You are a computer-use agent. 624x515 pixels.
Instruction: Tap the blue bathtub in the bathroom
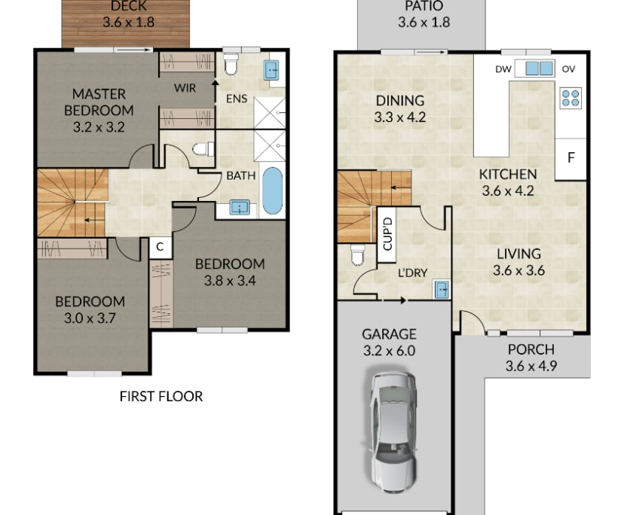point(272,193)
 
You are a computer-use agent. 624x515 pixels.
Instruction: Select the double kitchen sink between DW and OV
point(539,69)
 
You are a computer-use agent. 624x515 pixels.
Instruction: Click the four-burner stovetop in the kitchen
point(570,98)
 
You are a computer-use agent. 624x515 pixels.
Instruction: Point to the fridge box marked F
point(570,159)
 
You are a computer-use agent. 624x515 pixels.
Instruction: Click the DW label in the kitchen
point(503,69)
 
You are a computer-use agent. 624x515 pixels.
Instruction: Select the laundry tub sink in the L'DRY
point(440,288)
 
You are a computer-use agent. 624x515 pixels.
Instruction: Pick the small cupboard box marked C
point(161,246)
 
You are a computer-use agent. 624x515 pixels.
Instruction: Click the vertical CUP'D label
point(387,233)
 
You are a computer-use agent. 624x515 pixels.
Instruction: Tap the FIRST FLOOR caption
point(161,396)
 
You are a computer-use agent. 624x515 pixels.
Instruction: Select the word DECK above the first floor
point(128,7)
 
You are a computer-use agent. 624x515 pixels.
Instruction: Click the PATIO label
point(424,7)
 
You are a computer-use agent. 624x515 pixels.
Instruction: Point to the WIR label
point(185,88)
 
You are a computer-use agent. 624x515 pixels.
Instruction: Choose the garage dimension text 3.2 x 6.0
point(388,350)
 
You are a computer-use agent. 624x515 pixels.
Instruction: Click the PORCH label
point(531,349)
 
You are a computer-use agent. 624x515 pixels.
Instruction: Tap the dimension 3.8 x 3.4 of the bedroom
point(230,282)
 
